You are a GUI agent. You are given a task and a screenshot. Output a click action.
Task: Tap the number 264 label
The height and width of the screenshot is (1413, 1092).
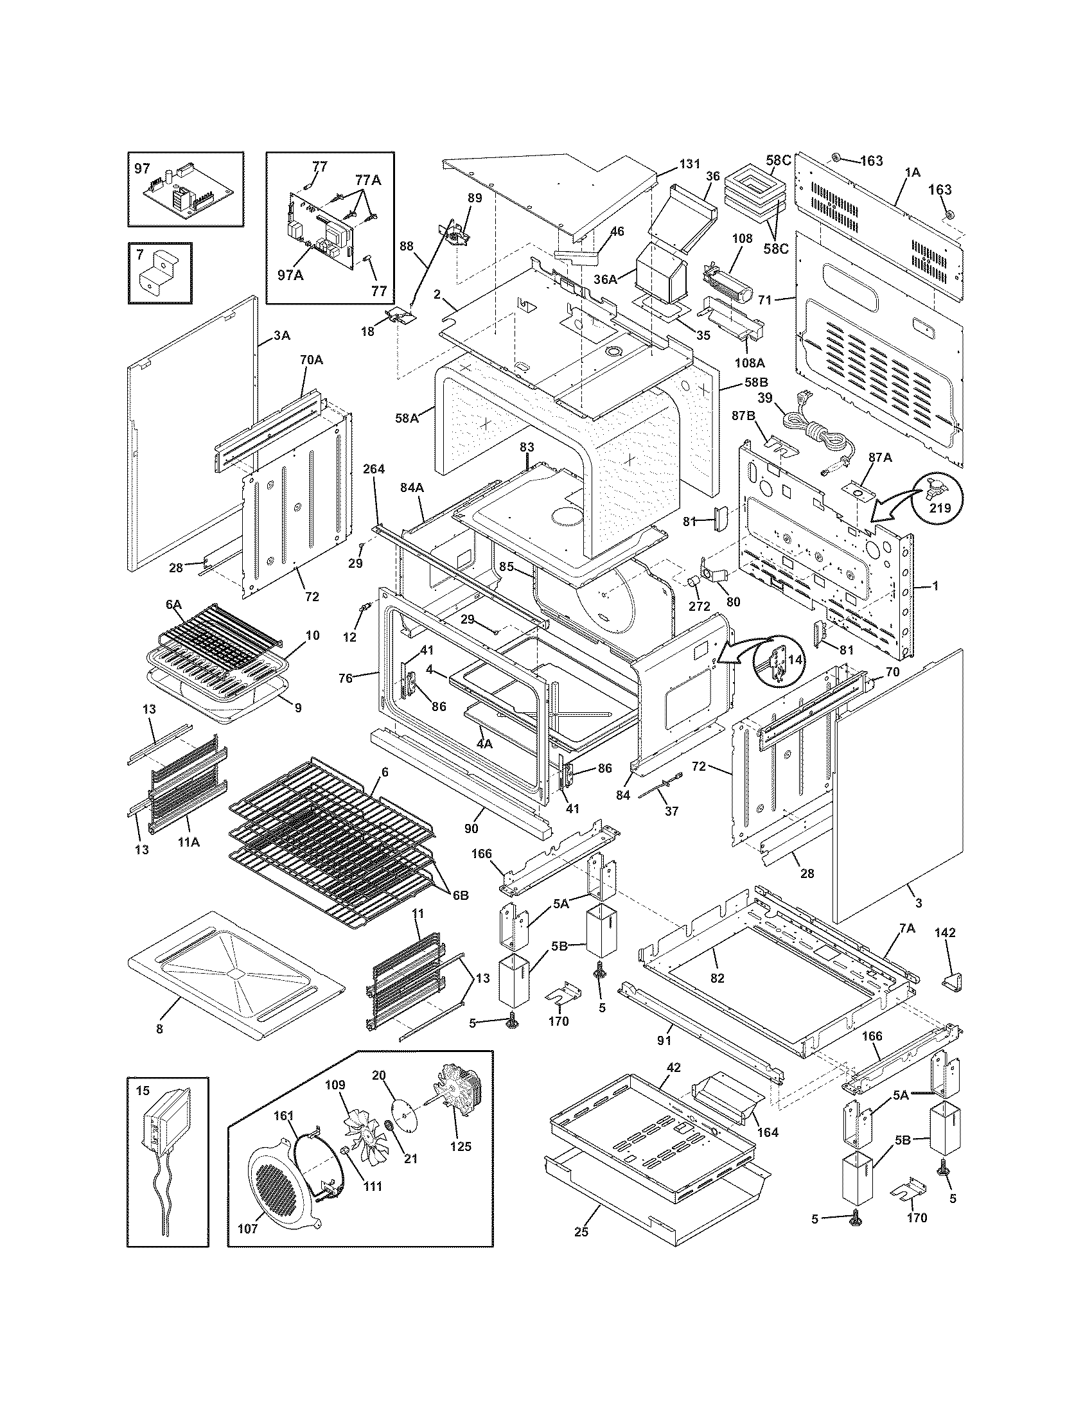pos(374,468)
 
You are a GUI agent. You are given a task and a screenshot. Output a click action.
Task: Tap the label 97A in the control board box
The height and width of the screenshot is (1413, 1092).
pos(290,275)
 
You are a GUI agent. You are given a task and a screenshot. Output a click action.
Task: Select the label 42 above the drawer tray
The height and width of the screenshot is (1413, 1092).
pos(673,1068)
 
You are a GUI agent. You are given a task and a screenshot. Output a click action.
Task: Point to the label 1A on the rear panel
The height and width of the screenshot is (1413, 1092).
pos(912,172)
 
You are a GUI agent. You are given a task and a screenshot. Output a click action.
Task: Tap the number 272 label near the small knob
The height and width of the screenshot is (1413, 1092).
pos(700,606)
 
